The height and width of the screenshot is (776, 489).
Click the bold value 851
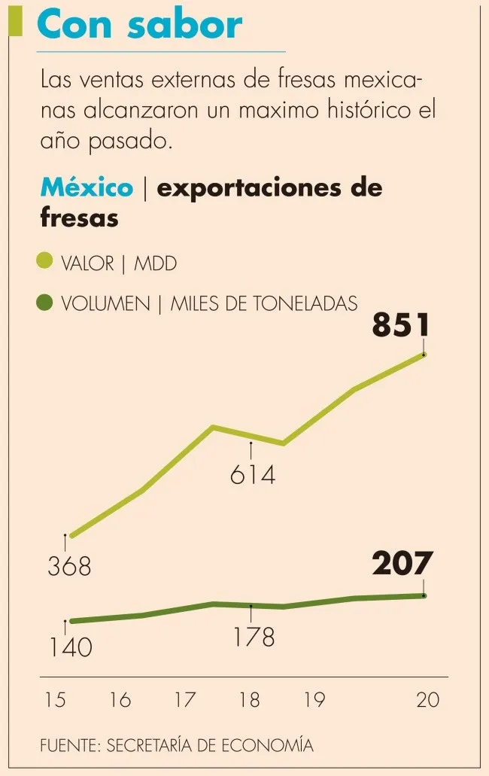click(x=401, y=327)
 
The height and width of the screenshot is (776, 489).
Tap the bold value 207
click(x=402, y=564)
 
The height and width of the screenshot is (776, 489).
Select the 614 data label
click(x=253, y=475)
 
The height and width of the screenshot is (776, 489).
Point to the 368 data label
click(x=69, y=566)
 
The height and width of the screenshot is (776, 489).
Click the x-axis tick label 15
click(x=56, y=700)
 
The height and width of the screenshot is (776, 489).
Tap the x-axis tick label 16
click(x=120, y=700)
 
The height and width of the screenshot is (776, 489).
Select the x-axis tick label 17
click(x=185, y=700)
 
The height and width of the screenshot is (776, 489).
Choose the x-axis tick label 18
click(x=249, y=700)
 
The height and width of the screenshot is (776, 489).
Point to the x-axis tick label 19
click(x=314, y=700)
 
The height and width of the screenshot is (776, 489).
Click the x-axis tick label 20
click(x=427, y=700)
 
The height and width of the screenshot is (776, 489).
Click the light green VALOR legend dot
click(x=45, y=262)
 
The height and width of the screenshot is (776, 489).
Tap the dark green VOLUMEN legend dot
click(x=45, y=303)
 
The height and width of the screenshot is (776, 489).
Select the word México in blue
click(x=87, y=187)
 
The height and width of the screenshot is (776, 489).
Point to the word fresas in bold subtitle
click(x=79, y=218)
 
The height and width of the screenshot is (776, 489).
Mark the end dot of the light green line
click(x=424, y=354)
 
